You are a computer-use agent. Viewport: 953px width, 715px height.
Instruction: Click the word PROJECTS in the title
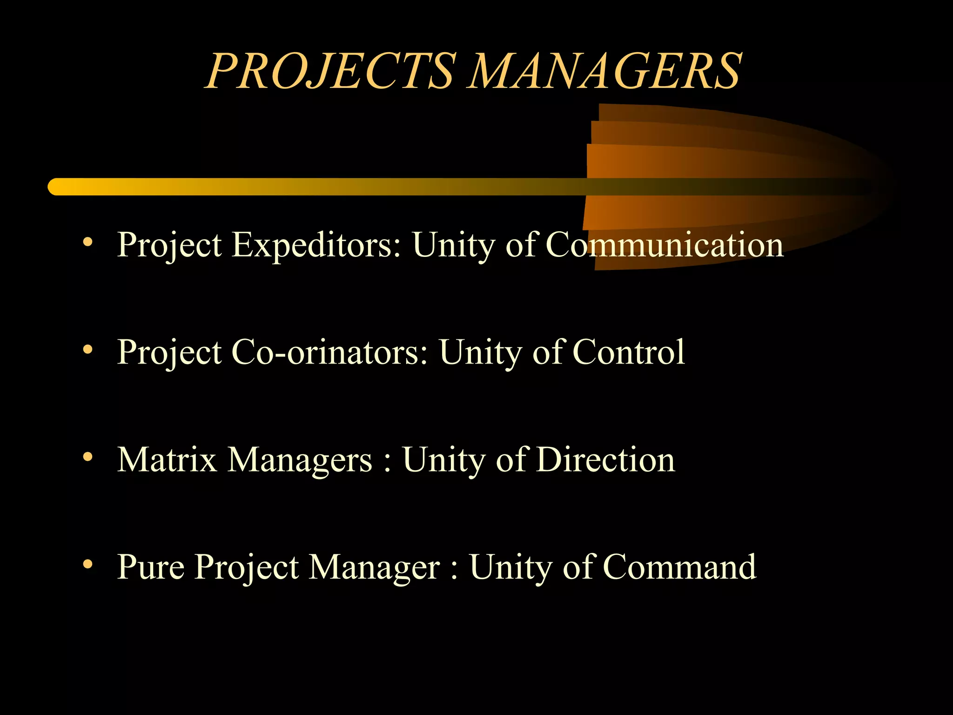coord(331,71)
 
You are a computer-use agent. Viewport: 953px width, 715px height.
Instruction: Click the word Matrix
coord(167,460)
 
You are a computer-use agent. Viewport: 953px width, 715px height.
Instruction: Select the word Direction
coord(605,460)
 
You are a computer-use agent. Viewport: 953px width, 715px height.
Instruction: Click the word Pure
coord(151,567)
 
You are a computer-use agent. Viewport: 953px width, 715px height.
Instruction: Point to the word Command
coord(679,567)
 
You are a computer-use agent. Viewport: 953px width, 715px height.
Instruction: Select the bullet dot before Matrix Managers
coord(87,457)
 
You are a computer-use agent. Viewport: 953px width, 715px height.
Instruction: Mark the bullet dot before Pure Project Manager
coord(87,564)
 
